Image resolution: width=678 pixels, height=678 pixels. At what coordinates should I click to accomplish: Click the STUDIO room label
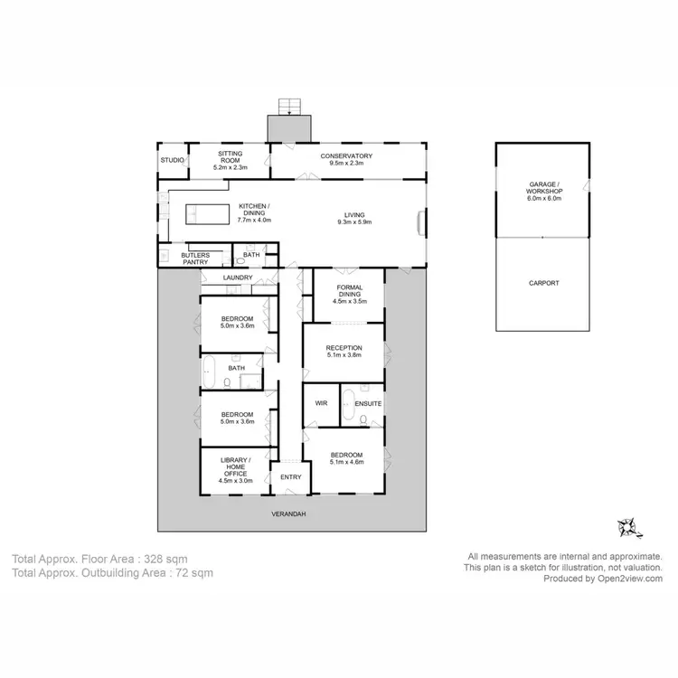(172, 160)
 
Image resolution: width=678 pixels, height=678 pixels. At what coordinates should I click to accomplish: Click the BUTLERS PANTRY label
(195, 259)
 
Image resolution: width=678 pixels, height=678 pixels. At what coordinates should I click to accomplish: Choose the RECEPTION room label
(344, 347)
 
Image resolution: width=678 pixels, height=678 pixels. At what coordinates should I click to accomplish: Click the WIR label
(320, 402)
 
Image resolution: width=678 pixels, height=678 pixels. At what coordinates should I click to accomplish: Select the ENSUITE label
(368, 402)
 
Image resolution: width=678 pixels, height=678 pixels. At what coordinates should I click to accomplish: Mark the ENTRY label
(291, 477)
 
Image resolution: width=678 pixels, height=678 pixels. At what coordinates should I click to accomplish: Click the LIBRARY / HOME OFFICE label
(232, 470)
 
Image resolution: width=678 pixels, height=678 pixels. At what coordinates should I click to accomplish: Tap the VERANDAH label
(289, 513)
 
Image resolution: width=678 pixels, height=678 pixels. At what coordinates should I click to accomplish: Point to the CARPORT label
(544, 283)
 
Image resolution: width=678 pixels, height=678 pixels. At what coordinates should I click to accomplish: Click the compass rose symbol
(626, 525)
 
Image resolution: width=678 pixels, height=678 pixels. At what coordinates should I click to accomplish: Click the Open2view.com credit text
(628, 579)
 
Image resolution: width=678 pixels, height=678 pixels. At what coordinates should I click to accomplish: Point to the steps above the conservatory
(289, 107)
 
